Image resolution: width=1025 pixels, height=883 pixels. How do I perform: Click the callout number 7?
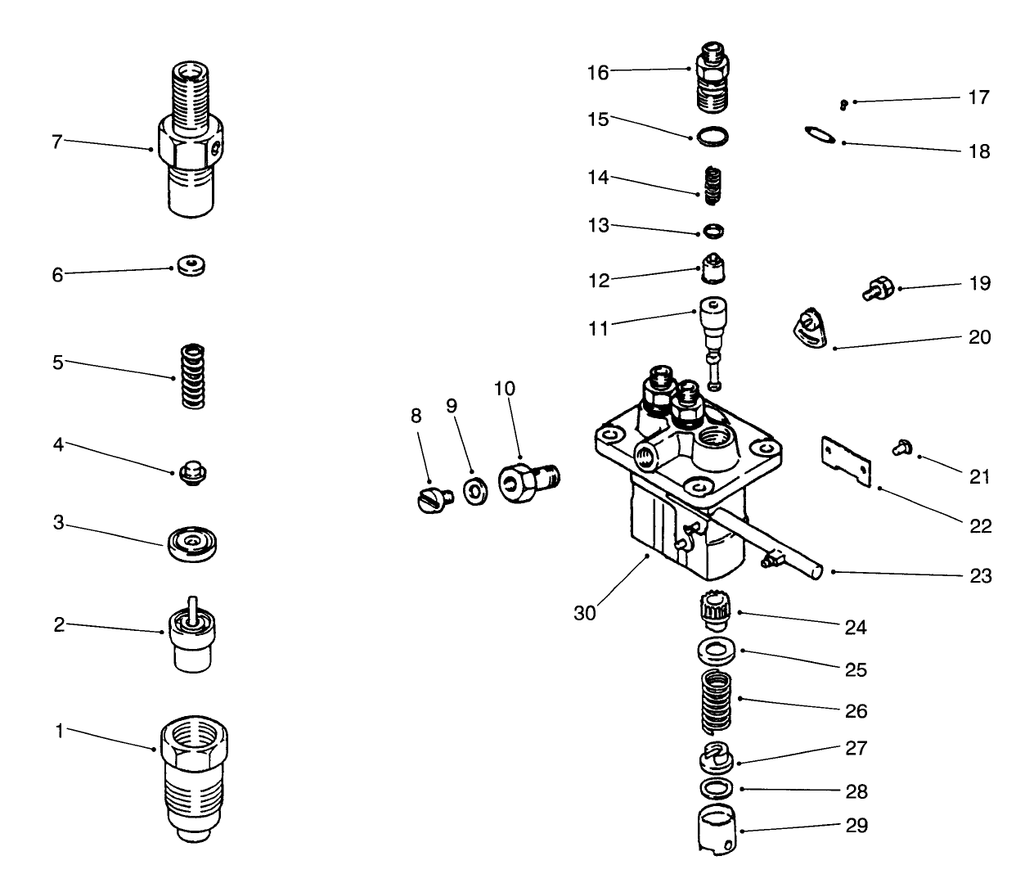56,142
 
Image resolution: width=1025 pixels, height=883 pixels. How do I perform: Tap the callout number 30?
585,612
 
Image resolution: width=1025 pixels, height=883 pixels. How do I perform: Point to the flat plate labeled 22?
846,459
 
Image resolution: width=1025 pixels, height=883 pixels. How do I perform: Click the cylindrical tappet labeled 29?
717,831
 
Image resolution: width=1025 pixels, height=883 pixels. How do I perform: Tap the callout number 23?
980,576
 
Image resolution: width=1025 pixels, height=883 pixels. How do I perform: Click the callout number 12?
599,280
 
